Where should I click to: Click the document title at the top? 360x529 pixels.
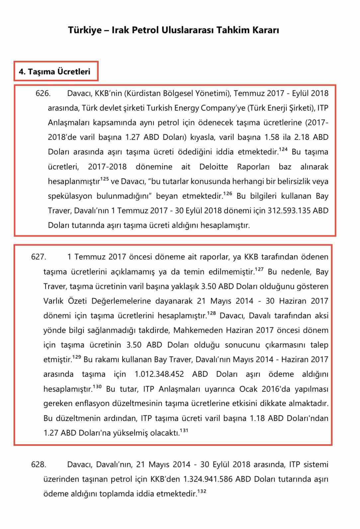point(173,30)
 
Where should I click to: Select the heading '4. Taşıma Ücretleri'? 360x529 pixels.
point(54,72)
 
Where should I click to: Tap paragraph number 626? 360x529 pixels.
point(43,93)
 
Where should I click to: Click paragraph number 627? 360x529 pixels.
point(39,257)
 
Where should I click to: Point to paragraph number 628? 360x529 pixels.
point(39,464)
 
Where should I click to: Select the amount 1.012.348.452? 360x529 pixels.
point(159,374)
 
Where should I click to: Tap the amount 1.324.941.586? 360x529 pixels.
point(208,479)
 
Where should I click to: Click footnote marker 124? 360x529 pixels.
point(283,150)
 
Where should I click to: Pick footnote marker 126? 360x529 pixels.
point(228,194)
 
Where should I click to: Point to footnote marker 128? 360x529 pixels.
point(211,313)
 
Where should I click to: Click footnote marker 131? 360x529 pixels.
point(184,431)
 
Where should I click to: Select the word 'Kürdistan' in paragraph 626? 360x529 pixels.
point(142,93)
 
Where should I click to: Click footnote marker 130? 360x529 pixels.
point(97,387)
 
